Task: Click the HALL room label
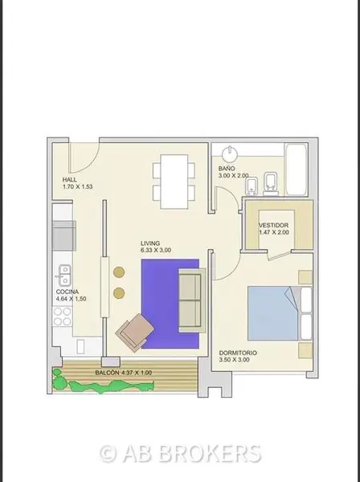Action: coord(70,179)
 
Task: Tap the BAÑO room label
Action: coord(227,169)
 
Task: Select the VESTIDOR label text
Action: coord(273,225)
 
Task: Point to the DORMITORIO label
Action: coord(238,353)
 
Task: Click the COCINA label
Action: coord(67,292)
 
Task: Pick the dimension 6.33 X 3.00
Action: coord(156,250)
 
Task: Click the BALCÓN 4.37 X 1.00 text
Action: coord(123,373)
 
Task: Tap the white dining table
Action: coord(174,182)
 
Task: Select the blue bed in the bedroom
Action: coord(273,313)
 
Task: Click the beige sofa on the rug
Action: coord(192,300)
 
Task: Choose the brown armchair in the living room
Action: coord(135,333)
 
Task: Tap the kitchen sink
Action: coord(64,275)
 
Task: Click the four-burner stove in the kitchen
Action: coord(63,317)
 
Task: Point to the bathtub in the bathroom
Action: coord(296,169)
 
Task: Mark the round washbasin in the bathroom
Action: coord(230,154)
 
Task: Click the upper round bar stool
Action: coord(119,272)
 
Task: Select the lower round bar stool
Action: coord(119,293)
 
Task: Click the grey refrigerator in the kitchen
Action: coord(64,235)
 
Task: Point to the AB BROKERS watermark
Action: coord(181,454)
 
